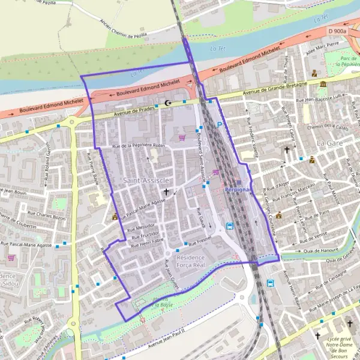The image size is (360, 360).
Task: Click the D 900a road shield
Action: pyautogui.click(x=338, y=31)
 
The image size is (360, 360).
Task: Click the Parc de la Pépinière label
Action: pyautogui.click(x=346, y=60)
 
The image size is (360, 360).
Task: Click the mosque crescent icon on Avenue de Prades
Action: pyautogui.click(x=167, y=103)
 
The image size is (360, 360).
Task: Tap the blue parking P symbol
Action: pyautogui.click(x=219, y=125)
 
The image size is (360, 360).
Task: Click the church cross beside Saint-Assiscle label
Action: pyautogui.click(x=166, y=192)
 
